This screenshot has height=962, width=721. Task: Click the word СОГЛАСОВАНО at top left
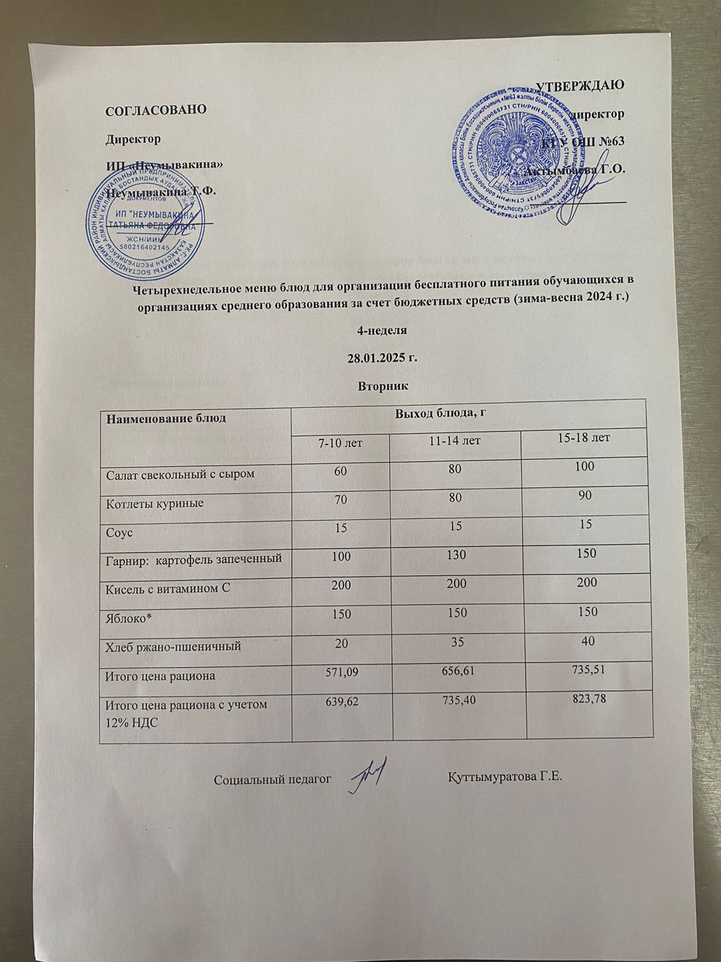coord(156,110)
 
